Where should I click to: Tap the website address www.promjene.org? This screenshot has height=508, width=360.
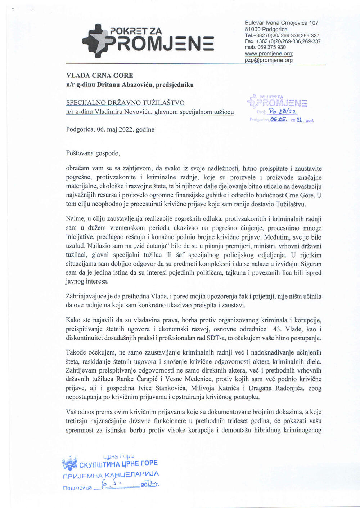pos(268,53)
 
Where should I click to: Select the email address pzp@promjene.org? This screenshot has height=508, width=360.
pos(269,60)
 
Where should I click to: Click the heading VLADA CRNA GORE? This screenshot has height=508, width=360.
pos(100,76)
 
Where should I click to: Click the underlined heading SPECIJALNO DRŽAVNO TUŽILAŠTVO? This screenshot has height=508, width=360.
pos(125,103)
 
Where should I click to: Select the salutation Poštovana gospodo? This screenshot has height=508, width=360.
pos(93,153)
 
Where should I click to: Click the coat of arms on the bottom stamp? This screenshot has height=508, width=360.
pos(70,464)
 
